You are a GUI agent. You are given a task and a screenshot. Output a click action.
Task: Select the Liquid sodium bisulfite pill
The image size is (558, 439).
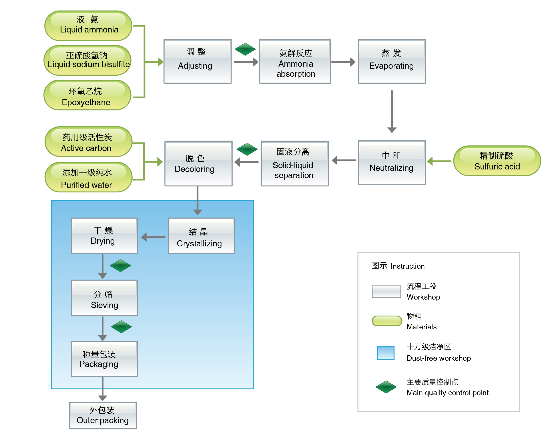coord(88,60)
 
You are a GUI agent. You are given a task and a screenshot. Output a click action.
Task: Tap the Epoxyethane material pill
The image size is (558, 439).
coord(88,95)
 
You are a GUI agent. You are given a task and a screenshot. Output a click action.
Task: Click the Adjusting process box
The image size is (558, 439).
coord(197,61)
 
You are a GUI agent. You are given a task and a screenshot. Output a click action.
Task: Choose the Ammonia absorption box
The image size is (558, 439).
coord(295,61)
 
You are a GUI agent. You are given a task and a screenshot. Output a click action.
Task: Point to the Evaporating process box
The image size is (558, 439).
coord(392,61)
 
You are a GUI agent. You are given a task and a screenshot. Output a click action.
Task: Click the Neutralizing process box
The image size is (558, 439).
coord(392,162)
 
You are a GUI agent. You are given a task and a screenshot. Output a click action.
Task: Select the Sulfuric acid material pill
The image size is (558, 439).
coord(497,161)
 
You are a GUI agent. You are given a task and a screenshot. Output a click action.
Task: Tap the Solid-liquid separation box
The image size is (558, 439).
coord(294,163)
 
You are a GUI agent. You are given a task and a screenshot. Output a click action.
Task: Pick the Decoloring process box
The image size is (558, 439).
coord(198,163)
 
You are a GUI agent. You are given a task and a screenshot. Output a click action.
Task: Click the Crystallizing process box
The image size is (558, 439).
coord(201,236)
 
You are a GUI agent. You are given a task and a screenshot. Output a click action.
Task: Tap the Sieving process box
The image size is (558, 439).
coord(104,298)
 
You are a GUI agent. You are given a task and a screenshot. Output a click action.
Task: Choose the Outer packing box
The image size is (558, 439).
coord(103,415)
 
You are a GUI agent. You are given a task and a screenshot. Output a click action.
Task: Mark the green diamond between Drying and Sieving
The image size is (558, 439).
coord(120,266)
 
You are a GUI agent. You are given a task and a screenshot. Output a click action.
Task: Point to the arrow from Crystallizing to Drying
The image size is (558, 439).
coord(153,237)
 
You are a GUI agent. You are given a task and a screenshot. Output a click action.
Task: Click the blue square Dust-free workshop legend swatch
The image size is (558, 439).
coord(386,353)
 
